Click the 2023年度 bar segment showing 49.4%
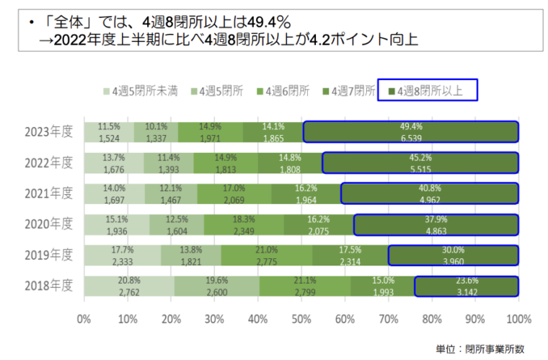pos(410,131)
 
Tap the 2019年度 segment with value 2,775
pos(267,255)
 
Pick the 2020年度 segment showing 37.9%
pos(436,224)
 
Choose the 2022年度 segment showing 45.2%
pos(420,162)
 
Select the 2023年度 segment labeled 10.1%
pos(156,131)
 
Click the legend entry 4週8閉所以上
pos(430,91)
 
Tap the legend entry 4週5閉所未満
pos(137,91)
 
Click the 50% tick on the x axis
pos(301,318)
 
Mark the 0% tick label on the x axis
pos(84,318)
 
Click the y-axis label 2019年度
pos(48,255)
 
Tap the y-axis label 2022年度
pos(48,162)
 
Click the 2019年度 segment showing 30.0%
pos(454,255)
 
